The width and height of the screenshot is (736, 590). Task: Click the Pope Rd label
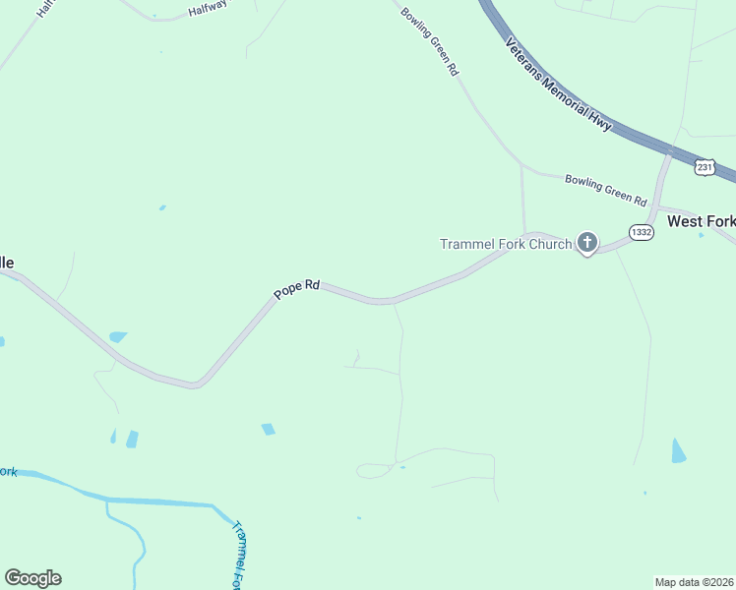(x=297, y=289)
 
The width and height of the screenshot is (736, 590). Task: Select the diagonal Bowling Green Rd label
(x=431, y=41)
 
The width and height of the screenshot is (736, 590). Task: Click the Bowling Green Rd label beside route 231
(x=605, y=189)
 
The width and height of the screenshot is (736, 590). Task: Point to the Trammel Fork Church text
(x=506, y=244)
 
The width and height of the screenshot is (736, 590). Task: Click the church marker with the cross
(x=587, y=242)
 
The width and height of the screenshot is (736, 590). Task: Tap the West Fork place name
(x=701, y=221)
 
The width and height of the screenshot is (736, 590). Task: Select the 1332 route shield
(x=642, y=232)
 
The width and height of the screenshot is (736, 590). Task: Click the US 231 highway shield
(x=704, y=168)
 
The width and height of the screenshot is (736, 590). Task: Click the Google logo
(x=32, y=578)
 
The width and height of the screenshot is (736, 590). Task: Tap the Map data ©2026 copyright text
(x=694, y=581)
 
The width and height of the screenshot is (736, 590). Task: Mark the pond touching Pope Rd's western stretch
(x=118, y=336)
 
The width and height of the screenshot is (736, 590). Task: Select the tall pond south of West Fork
(x=678, y=451)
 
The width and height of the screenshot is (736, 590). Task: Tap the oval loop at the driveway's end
(x=373, y=472)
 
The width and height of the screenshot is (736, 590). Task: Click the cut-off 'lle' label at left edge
(x=7, y=263)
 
